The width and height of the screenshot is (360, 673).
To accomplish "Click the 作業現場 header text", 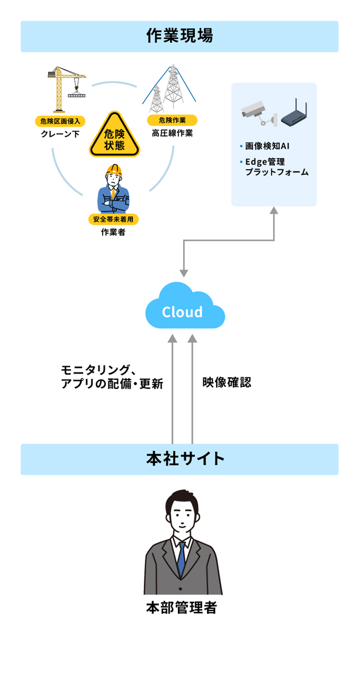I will point(179,36).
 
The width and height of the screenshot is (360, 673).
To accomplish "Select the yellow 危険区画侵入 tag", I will point(60,121).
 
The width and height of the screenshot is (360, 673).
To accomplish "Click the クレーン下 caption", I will point(60,135).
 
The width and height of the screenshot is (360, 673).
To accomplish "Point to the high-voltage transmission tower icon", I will point(168,89).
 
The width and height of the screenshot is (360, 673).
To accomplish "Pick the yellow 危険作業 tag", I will point(172,120).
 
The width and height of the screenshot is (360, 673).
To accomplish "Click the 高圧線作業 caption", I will point(172,134).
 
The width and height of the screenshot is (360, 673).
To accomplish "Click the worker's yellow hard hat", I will point(114,169).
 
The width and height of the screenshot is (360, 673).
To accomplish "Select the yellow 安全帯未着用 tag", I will point(113,219).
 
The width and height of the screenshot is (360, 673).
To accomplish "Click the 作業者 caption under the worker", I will point(113,233).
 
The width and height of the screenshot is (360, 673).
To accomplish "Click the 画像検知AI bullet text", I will point(268,146).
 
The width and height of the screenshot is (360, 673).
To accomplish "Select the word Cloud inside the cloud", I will point(182,312).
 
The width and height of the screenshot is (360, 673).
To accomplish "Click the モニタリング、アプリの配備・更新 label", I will point(112,377).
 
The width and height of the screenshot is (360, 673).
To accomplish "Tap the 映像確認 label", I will point(226,382).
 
